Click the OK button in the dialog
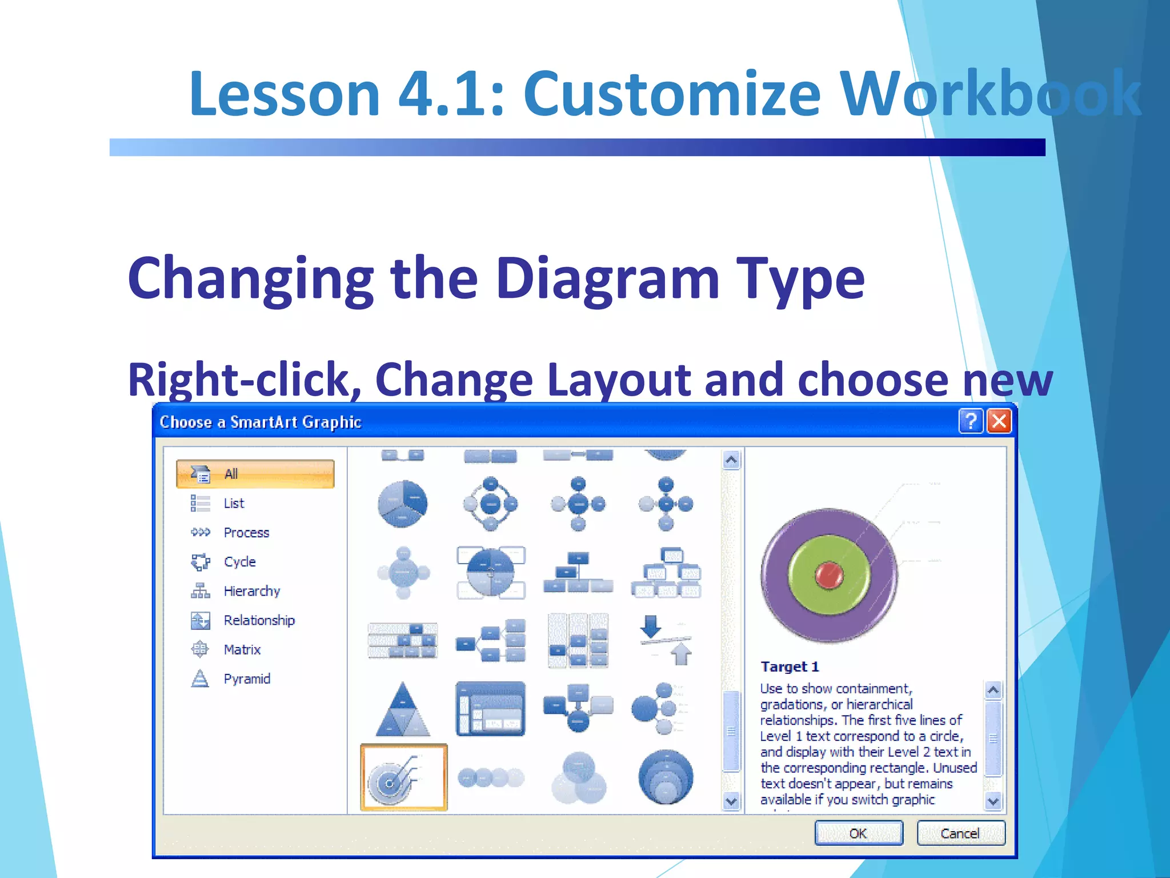[x=858, y=833]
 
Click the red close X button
[x=999, y=422]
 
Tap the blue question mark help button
[x=970, y=422]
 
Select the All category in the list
[x=255, y=474]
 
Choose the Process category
[x=246, y=532]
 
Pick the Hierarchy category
[x=251, y=591]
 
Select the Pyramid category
[x=246, y=679]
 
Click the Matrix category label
[x=242, y=649]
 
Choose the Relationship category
[x=259, y=620]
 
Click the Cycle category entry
[x=239, y=561]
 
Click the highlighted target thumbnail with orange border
[x=403, y=777]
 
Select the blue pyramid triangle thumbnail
[x=403, y=709]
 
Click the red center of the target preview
[x=828, y=575]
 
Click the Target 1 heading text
[x=790, y=667]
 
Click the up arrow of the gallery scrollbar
[x=731, y=460]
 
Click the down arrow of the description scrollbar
[x=993, y=801]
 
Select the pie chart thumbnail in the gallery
[x=402, y=504]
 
